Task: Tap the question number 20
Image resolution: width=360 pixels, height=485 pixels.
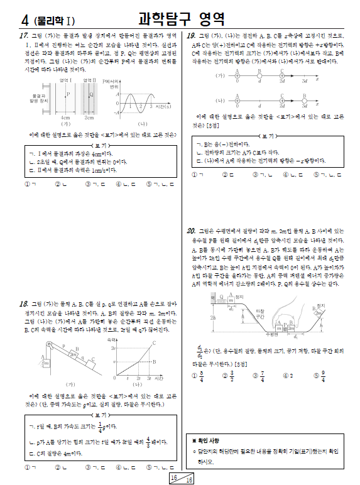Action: click(192, 231)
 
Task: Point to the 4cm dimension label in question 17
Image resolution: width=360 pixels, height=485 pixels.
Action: click(65, 117)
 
